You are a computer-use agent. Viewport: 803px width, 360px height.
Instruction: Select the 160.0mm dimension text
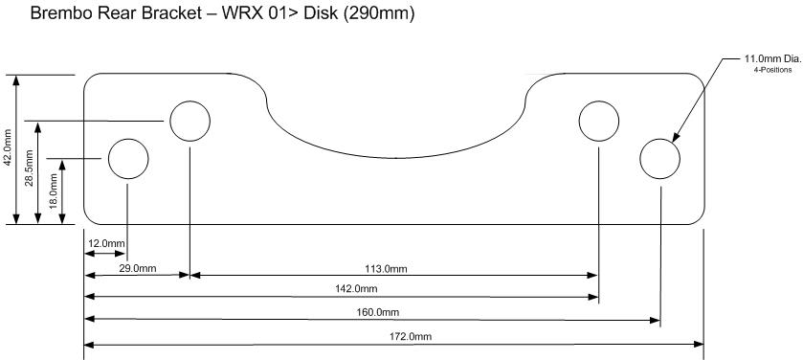point(380,312)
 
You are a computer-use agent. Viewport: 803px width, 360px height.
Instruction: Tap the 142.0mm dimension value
point(358,289)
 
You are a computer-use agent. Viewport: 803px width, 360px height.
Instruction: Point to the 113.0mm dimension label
point(388,268)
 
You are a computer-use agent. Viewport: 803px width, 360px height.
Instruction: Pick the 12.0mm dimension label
point(106,244)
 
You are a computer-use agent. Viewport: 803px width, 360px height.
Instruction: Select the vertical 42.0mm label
point(9,149)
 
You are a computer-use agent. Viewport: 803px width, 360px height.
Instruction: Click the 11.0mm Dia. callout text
point(771,58)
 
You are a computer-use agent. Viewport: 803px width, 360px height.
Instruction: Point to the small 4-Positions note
point(771,69)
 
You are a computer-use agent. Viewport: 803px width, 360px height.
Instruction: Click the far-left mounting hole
point(127,158)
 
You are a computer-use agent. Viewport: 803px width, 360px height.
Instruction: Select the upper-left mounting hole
point(190,121)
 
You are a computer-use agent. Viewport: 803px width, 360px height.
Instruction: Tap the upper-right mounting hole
point(599,121)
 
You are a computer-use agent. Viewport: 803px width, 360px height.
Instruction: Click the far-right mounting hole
point(659,158)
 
